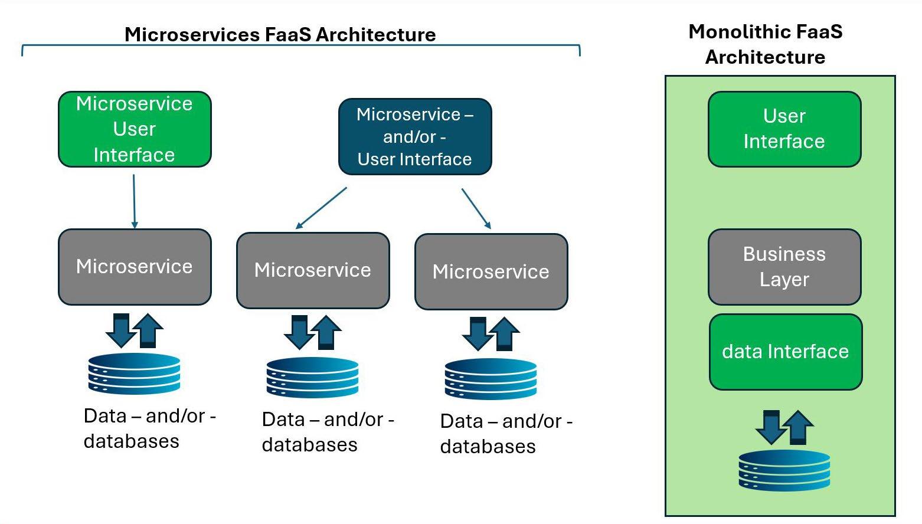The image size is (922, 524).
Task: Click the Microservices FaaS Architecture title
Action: (x=280, y=34)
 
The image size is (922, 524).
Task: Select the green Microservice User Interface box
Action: (x=135, y=129)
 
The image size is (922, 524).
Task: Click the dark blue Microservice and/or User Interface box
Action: (x=415, y=137)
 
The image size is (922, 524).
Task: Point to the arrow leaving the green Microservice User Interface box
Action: (x=134, y=201)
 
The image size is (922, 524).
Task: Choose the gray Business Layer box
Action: (x=784, y=267)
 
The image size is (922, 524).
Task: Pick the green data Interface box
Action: (x=786, y=352)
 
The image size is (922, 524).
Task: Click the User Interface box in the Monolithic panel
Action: (x=784, y=129)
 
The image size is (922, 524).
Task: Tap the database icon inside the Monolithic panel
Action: (x=784, y=470)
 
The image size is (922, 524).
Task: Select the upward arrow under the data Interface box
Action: (x=799, y=427)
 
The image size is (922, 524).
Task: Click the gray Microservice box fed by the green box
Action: (x=135, y=267)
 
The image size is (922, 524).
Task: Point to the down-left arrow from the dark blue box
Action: (x=321, y=208)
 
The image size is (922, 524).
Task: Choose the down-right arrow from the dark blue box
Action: (x=476, y=208)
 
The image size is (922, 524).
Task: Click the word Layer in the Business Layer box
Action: (x=784, y=279)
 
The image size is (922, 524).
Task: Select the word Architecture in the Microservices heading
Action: (x=375, y=34)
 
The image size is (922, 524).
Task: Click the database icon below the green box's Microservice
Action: (x=134, y=373)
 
